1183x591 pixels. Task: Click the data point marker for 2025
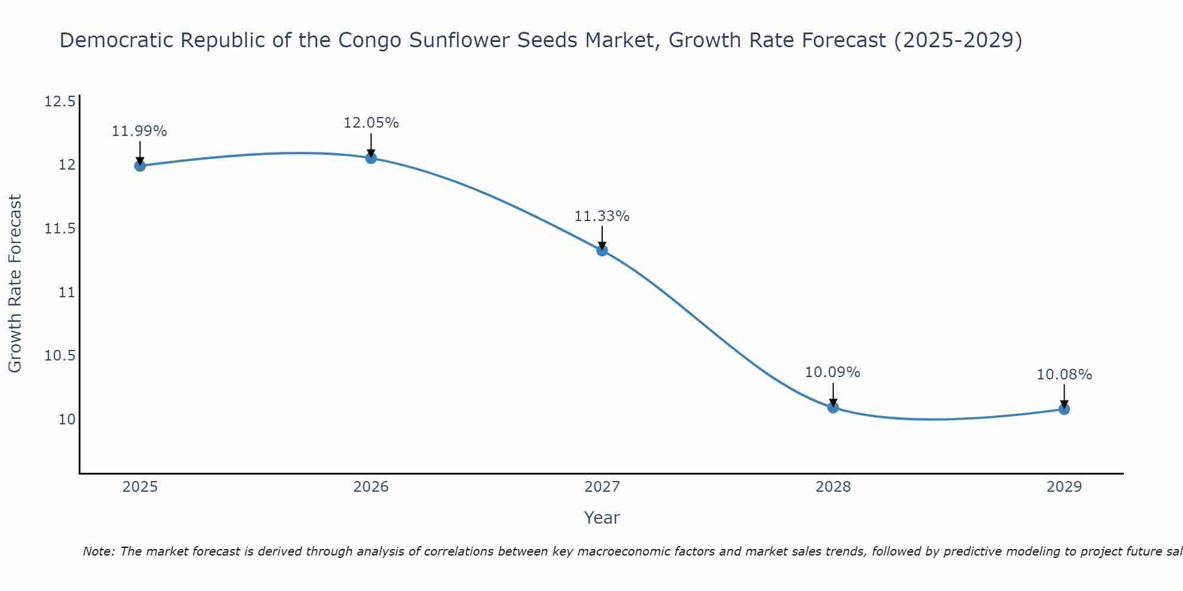pos(140,165)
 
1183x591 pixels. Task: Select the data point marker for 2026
pos(371,158)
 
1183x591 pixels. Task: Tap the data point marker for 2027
pos(602,250)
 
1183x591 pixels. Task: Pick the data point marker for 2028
pos(833,407)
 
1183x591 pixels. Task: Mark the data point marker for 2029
pos(1064,409)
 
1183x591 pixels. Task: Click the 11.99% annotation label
pos(140,131)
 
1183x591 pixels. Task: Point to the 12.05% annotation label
pos(371,123)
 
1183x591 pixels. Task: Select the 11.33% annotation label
pos(602,216)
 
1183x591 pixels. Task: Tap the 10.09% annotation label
pos(832,372)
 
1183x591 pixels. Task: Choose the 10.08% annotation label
pos(1064,375)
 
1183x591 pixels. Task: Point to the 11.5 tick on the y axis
pos(60,229)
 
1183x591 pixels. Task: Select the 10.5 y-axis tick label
pos(60,356)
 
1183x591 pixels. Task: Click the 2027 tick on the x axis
pos(602,487)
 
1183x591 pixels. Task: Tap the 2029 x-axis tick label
pos(1064,487)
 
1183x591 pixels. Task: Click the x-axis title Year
pos(602,518)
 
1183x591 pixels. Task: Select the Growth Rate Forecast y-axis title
pos(15,283)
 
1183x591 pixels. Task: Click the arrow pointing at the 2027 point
pos(602,238)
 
